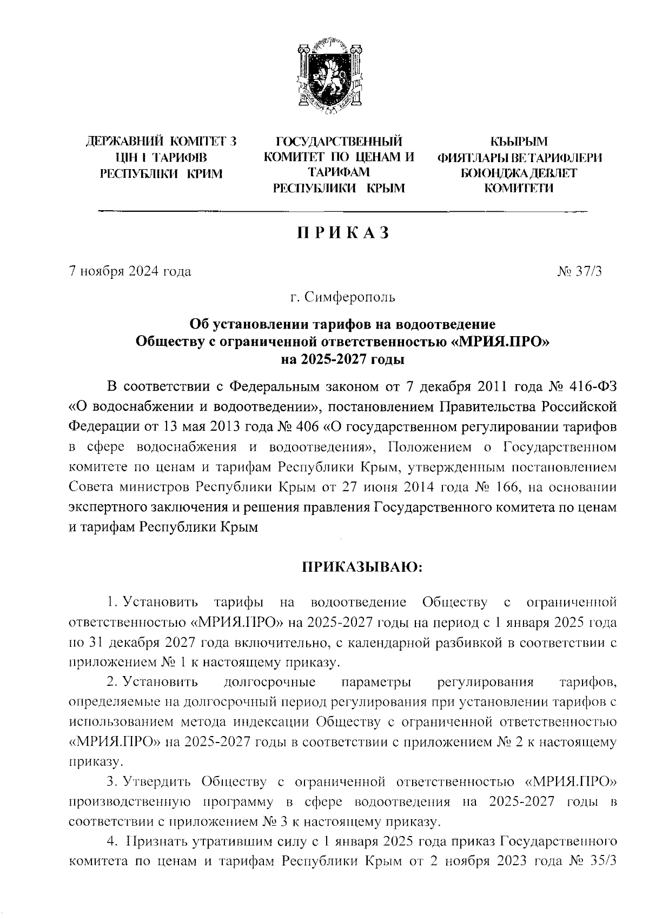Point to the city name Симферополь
350,297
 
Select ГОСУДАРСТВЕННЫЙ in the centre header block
339,143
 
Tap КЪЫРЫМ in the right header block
519,143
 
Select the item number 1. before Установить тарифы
112,602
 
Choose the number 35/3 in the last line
602,861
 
